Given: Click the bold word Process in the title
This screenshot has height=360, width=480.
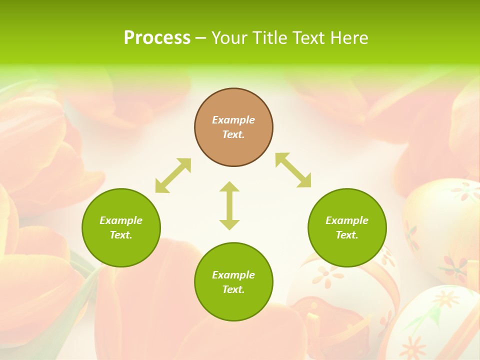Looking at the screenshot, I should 157,38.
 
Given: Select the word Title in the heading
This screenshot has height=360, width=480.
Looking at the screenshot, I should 268,38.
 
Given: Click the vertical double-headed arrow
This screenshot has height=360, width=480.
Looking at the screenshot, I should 229,205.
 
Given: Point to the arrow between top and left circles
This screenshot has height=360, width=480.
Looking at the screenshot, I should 173,175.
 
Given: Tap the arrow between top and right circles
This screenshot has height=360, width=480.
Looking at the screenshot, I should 293,170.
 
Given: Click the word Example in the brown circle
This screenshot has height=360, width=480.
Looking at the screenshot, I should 233,120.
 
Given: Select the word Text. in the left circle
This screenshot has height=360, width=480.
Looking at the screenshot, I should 121,235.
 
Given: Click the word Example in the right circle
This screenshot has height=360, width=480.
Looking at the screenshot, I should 347,220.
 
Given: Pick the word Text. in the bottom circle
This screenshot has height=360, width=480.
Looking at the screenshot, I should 233,289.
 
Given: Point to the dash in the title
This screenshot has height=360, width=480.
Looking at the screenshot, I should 200,38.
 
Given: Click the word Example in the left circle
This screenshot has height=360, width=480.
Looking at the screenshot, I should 121,220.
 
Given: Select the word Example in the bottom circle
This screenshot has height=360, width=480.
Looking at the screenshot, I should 233,275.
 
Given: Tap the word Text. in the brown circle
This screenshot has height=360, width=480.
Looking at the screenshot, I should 233,134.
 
